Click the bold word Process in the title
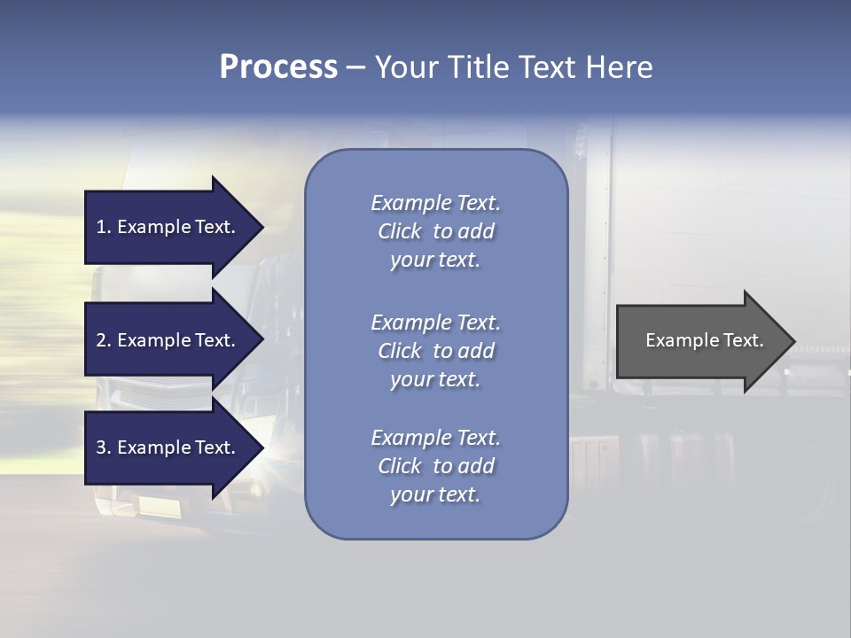click(x=278, y=67)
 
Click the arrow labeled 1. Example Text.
click(x=168, y=227)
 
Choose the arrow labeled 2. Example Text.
click(x=168, y=340)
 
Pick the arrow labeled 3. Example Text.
click(x=168, y=447)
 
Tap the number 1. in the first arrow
click(x=104, y=227)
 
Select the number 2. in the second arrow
click(x=104, y=340)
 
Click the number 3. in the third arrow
click(x=104, y=447)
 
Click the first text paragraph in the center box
click(x=435, y=231)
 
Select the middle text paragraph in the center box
click(x=435, y=351)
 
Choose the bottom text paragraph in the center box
click(x=435, y=466)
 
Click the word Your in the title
click(x=402, y=67)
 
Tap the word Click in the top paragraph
click(x=400, y=231)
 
